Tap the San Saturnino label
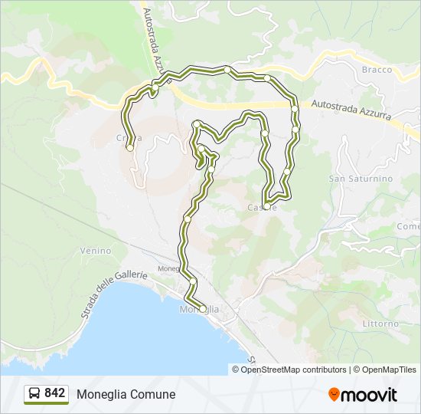[x=361, y=179]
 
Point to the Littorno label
[x=380, y=324]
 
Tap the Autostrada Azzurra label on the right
[x=351, y=112]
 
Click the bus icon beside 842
[x=34, y=394]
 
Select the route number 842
[x=55, y=393]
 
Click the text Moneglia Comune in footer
[x=126, y=395]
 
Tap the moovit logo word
[x=370, y=395]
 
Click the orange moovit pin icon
[x=335, y=394]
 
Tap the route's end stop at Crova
[x=130, y=146]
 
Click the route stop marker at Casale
[x=265, y=202]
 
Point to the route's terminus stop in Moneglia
[x=201, y=308]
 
